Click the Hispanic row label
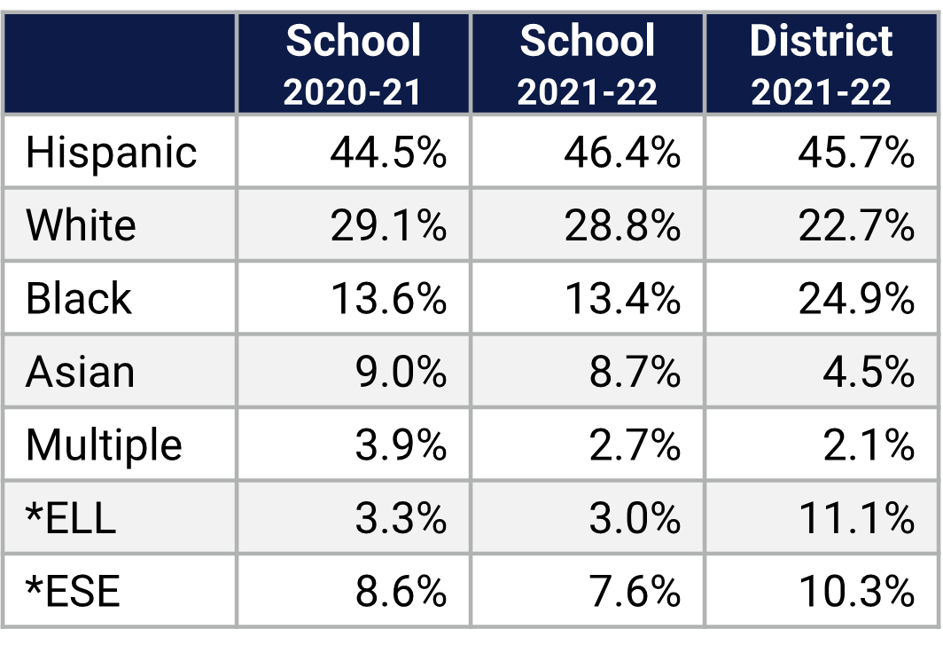[111, 153]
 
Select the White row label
[81, 225]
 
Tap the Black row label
[78, 298]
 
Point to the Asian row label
[80, 371]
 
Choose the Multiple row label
[104, 444]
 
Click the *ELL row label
[71, 517]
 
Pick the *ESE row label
[73, 591]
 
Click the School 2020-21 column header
[353, 64]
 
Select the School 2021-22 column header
[588, 64]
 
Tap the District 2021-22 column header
[822, 64]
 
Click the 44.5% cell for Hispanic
[388, 153]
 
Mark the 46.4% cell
[622, 153]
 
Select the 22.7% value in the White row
[855, 225]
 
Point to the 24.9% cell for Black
[855, 298]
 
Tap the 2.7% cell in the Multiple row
[635, 444]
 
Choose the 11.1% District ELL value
[855, 517]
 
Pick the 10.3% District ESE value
[855, 591]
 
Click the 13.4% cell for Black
[622, 298]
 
